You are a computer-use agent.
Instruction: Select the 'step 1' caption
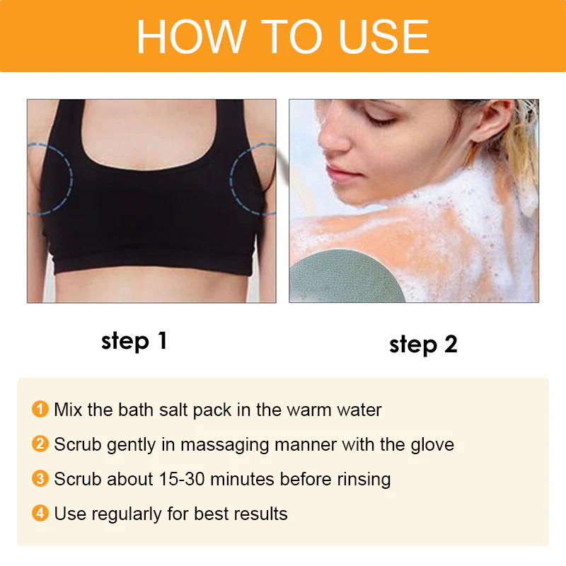(x=134, y=340)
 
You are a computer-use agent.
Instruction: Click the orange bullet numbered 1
(x=40, y=409)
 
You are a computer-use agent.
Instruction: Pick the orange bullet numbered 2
(x=40, y=444)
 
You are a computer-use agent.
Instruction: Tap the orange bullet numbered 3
(x=40, y=479)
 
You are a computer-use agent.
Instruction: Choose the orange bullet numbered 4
(x=40, y=514)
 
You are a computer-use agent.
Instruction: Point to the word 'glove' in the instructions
(x=432, y=444)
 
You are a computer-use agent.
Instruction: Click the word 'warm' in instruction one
(x=308, y=409)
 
